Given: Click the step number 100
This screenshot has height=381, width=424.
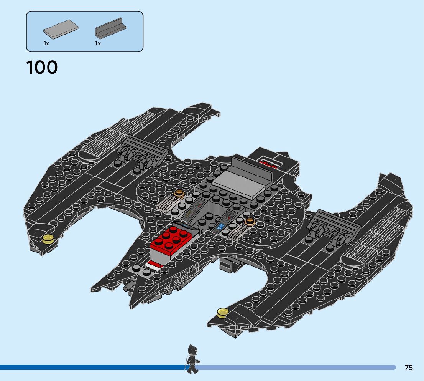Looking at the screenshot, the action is coord(42,68).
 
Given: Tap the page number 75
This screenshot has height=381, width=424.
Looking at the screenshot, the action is coord(409,368).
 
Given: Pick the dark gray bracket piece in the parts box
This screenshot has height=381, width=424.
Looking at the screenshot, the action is coord(111,28).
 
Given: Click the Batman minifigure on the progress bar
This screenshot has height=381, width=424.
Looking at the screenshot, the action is coord(192,358).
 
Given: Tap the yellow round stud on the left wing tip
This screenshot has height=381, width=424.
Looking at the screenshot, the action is coord(48,239).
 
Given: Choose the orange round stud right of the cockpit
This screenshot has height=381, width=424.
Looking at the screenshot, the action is coord(250,221).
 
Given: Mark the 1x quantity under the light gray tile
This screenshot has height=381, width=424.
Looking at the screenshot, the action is coord(46,44).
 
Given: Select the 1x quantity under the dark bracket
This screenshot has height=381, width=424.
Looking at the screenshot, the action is coord(98,44).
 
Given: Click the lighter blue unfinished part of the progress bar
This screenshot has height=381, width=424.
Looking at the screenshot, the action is coord(295,368).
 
